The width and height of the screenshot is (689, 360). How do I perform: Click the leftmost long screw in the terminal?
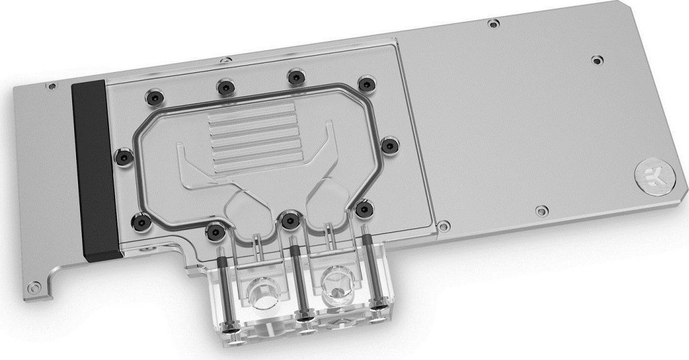pos(226,287)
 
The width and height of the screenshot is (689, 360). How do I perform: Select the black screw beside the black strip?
pos(121,155)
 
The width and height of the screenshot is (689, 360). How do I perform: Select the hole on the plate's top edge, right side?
pos(494,24)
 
